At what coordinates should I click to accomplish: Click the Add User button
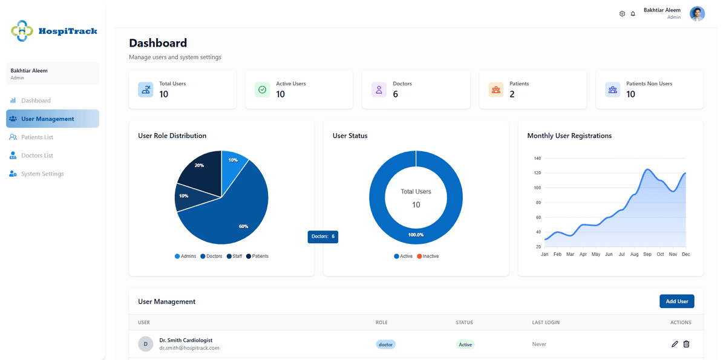(676, 301)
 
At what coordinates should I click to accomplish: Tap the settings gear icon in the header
(622, 13)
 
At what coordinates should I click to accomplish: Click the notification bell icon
(633, 13)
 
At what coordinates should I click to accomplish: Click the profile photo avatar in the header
(697, 13)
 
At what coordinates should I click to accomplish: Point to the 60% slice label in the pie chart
(243, 226)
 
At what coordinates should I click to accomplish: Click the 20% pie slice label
(199, 165)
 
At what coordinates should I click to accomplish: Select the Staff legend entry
(234, 256)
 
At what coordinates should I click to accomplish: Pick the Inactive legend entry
(428, 256)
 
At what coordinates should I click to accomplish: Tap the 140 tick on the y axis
(537, 158)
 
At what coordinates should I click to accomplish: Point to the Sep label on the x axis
(647, 254)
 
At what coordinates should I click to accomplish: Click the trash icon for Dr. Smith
(686, 344)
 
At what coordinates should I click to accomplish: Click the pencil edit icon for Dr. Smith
(675, 344)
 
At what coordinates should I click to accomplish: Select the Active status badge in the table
(465, 344)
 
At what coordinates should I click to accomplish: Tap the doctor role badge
(385, 344)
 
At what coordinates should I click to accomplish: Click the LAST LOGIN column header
(546, 322)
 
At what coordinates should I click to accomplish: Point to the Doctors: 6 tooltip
(323, 237)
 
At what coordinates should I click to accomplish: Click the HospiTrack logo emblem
(22, 31)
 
